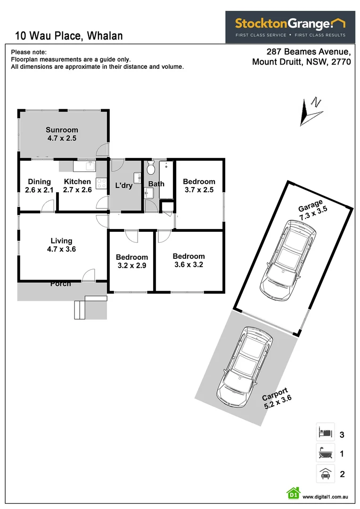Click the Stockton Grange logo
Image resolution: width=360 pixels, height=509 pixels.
(290, 27)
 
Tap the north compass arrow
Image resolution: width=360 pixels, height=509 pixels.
(311, 111)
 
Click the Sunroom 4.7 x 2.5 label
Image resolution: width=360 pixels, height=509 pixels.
(62, 134)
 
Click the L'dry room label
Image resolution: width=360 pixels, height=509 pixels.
(124, 185)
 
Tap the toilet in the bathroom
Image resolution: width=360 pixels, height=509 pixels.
(151, 168)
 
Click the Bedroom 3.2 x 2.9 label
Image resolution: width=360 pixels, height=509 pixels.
(132, 261)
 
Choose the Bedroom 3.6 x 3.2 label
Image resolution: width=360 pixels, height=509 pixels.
(188, 260)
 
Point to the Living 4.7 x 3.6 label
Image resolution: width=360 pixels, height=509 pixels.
(61, 245)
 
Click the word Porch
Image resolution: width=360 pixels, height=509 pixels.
(60, 283)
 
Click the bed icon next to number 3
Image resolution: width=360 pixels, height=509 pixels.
(325, 432)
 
